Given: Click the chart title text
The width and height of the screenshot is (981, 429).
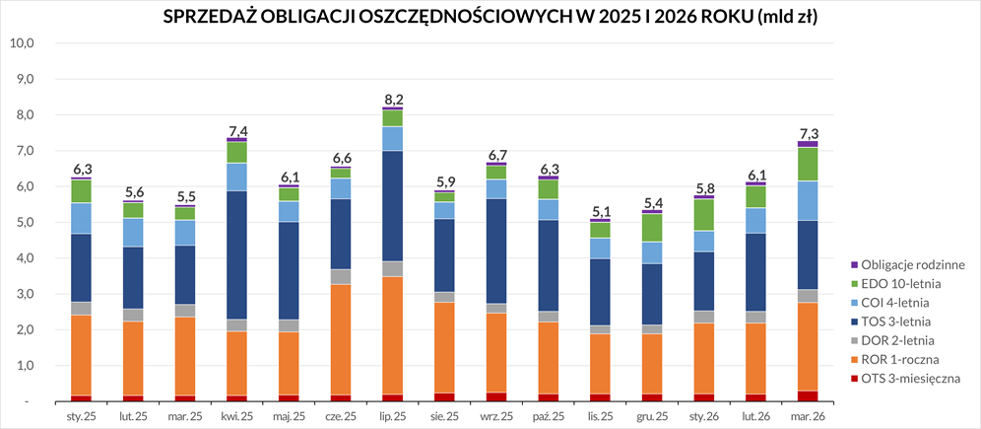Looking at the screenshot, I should [490, 18].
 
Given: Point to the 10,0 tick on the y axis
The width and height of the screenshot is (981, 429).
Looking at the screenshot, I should [22, 43].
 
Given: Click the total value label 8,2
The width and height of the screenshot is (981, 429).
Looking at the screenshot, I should [393, 99].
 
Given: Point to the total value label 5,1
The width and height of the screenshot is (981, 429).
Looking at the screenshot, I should [599, 210].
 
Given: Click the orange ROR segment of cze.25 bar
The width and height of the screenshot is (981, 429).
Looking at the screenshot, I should [341, 339].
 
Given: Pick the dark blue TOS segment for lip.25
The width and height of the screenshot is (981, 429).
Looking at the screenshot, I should [392, 206].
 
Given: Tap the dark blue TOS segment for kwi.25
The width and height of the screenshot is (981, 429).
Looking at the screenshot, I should [237, 254].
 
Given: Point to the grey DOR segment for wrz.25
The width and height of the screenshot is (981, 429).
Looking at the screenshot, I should [495, 308].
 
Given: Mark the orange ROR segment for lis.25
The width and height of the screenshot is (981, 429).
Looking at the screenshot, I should [599, 363].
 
